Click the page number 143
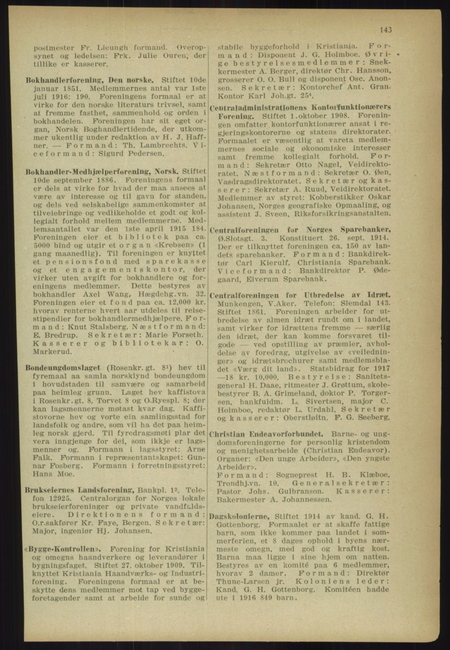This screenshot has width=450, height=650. [386, 30]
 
